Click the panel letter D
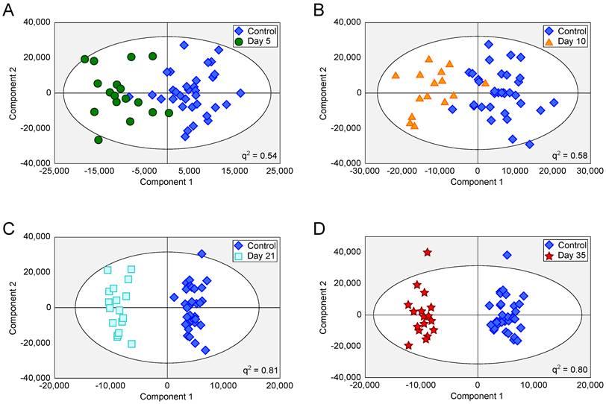tap(319, 226)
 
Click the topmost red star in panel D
tap(428, 253)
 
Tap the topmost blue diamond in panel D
tap(507, 255)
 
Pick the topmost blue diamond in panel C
tap(202, 254)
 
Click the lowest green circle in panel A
tap(99, 139)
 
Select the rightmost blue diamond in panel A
tap(240, 93)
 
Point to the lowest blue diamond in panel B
tap(529, 144)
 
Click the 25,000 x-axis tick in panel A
tap(280, 171)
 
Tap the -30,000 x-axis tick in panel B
tap(365, 171)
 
